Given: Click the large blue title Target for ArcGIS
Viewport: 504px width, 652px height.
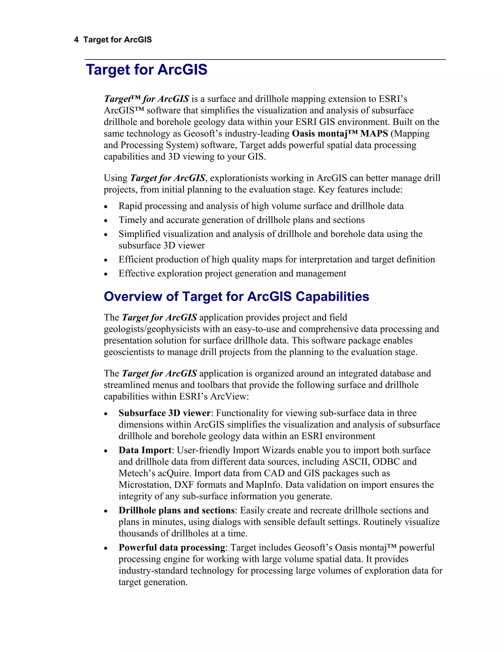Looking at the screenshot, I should tap(146, 70).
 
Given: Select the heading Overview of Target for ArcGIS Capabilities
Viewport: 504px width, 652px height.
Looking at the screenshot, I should tap(236, 296).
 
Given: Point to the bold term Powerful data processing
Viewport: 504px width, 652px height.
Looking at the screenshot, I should tap(172, 547).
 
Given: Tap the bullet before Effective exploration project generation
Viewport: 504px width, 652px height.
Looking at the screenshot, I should tap(106, 274).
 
